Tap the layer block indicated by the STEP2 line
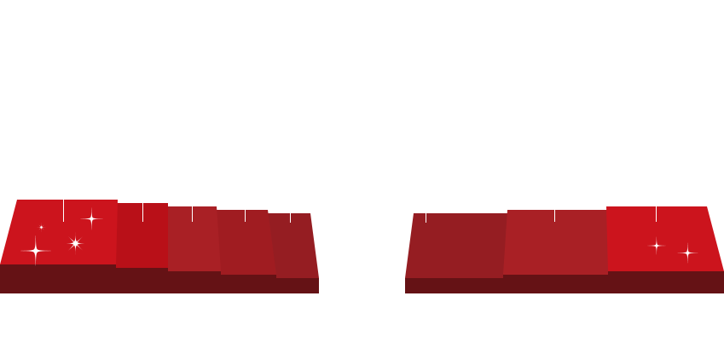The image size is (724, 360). tap(194, 239)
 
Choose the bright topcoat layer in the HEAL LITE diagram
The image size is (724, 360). tap(665, 239)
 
